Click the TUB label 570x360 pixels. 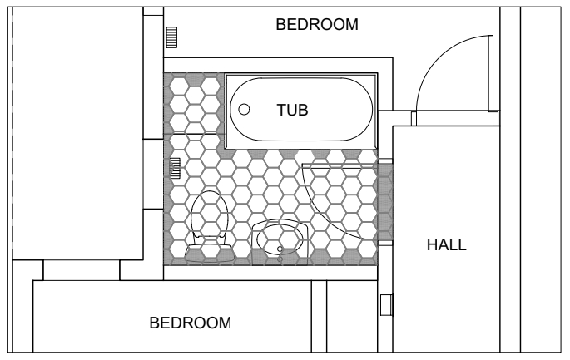(292, 110)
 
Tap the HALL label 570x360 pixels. (446, 244)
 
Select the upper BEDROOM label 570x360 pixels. (317, 24)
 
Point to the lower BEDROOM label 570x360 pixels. (190, 323)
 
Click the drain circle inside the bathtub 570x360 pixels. (244, 110)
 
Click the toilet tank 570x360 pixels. (210, 254)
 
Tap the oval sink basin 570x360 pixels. (280, 239)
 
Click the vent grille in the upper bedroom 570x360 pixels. (171, 37)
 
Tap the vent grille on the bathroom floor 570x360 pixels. (175, 168)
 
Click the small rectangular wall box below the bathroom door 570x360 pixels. (387, 305)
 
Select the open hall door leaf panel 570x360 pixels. (491, 73)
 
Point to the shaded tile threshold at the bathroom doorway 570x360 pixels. (385, 202)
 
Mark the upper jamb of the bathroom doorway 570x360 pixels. (385, 161)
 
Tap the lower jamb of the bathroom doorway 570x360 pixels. (385, 243)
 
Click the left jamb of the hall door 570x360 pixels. (414, 118)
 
